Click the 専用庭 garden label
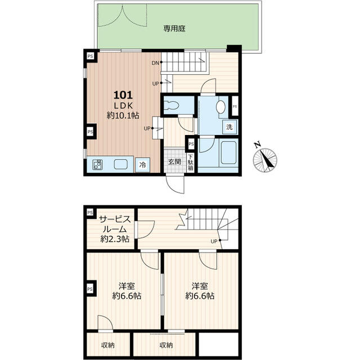click(x=174, y=29)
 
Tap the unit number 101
click(x=123, y=95)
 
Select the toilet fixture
click(x=172, y=105)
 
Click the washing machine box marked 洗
click(x=229, y=127)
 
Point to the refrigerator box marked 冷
click(x=142, y=165)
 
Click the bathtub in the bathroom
click(x=228, y=152)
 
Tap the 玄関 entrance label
click(x=175, y=161)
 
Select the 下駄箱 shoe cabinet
click(x=191, y=163)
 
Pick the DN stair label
click(x=155, y=63)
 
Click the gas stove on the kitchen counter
click(x=97, y=164)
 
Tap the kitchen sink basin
click(x=120, y=164)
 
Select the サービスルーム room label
click(x=115, y=229)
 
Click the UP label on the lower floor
click(x=214, y=241)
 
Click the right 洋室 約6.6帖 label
click(x=200, y=291)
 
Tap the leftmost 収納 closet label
click(x=108, y=345)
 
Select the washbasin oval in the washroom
click(x=220, y=107)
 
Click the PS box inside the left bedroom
click(x=91, y=289)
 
